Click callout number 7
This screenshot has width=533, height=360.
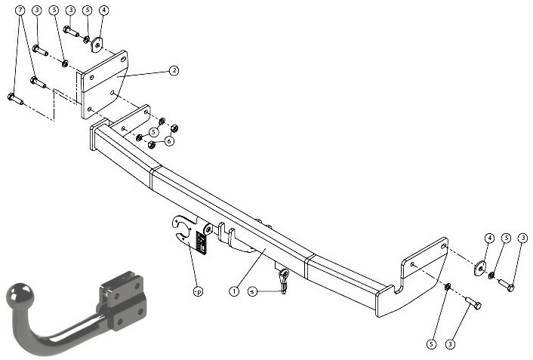(20, 11)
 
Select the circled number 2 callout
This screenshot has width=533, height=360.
(174, 71)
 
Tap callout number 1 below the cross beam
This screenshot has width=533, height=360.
(234, 291)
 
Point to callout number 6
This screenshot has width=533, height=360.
(169, 140)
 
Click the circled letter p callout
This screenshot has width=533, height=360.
(198, 291)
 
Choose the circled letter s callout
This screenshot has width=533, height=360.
(252, 291)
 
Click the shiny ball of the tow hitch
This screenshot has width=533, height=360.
(20, 294)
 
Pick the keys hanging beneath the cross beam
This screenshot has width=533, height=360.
(284, 281)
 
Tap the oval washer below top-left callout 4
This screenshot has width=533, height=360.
(97, 45)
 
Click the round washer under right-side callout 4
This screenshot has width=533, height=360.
(480, 268)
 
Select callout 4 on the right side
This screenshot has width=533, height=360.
(489, 238)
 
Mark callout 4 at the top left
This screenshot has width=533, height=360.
(103, 11)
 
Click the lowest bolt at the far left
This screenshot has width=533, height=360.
(15, 99)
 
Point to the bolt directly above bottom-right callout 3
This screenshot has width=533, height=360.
(472, 303)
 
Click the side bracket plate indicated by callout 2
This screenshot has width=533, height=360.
(103, 85)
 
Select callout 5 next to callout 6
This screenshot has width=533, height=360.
(154, 132)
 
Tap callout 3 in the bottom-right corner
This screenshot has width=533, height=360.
(450, 344)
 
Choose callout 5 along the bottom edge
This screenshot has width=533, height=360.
(431, 344)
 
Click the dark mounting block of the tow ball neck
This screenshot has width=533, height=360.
(123, 300)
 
